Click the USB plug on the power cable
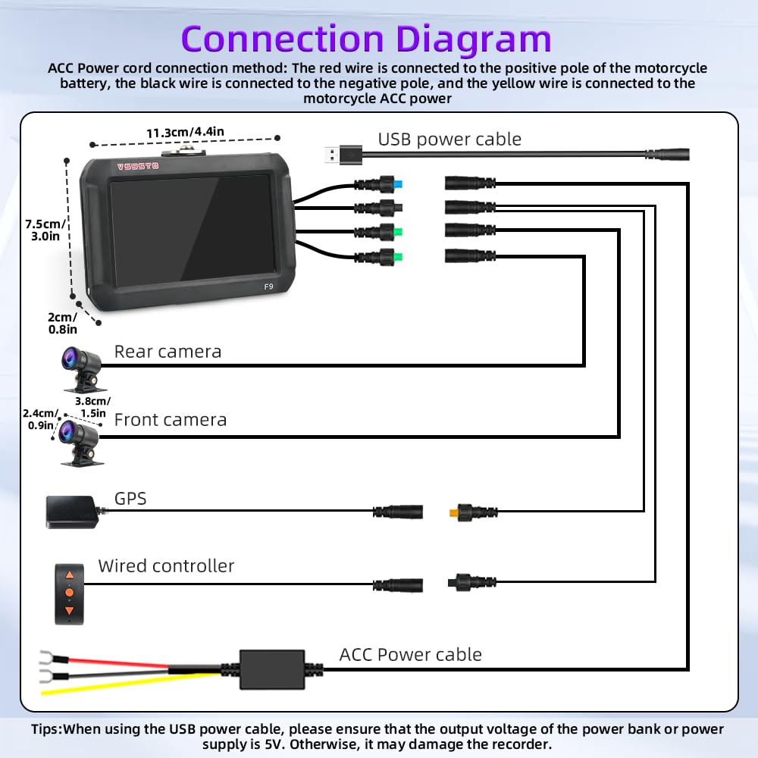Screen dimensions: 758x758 [343, 155]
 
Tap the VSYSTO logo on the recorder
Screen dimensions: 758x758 [138, 166]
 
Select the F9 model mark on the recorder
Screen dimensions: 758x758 [269, 287]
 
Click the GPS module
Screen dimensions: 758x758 [73, 512]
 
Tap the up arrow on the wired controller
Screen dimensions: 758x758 [69, 575]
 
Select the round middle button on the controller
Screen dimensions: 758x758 [69, 593]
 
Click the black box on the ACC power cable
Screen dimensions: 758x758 [272, 669]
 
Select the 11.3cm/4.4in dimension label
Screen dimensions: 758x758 [185, 132]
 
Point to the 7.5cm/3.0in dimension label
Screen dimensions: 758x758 [45, 230]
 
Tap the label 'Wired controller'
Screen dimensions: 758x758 [166, 565]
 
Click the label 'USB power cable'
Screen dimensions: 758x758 [449, 139]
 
